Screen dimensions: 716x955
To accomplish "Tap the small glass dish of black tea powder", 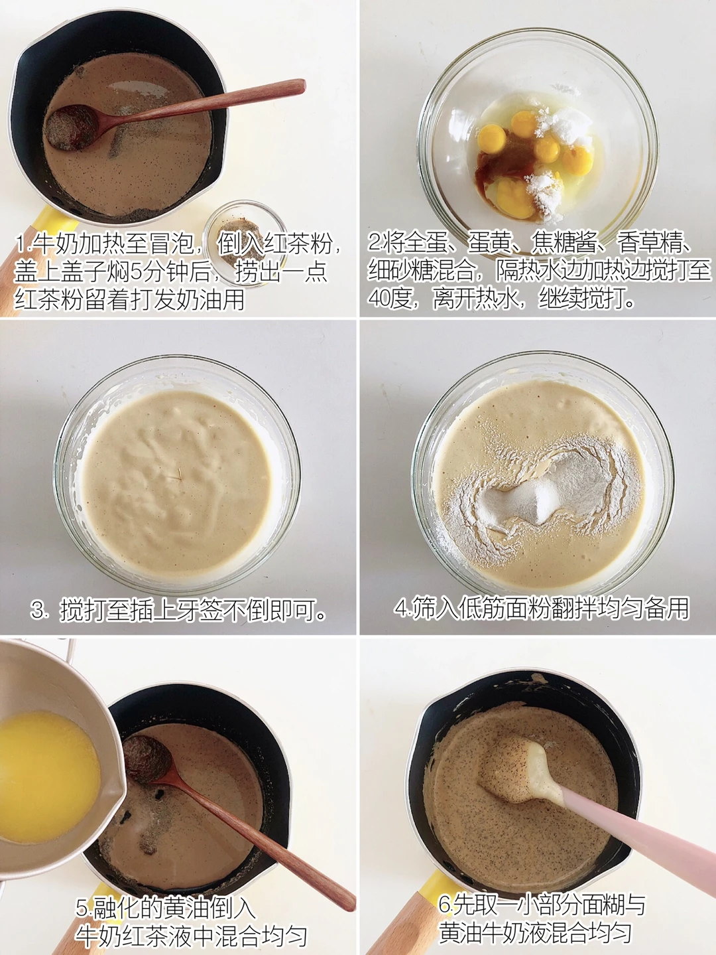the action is pyautogui.click(x=245, y=242).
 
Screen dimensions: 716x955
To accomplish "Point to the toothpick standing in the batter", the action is pyautogui.click(x=174, y=477).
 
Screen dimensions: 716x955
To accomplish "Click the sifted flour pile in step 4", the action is pyautogui.click(x=545, y=492).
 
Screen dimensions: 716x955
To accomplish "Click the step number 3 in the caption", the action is pyautogui.click(x=38, y=610).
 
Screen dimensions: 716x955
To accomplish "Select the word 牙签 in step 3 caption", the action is pyautogui.click(x=200, y=610).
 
